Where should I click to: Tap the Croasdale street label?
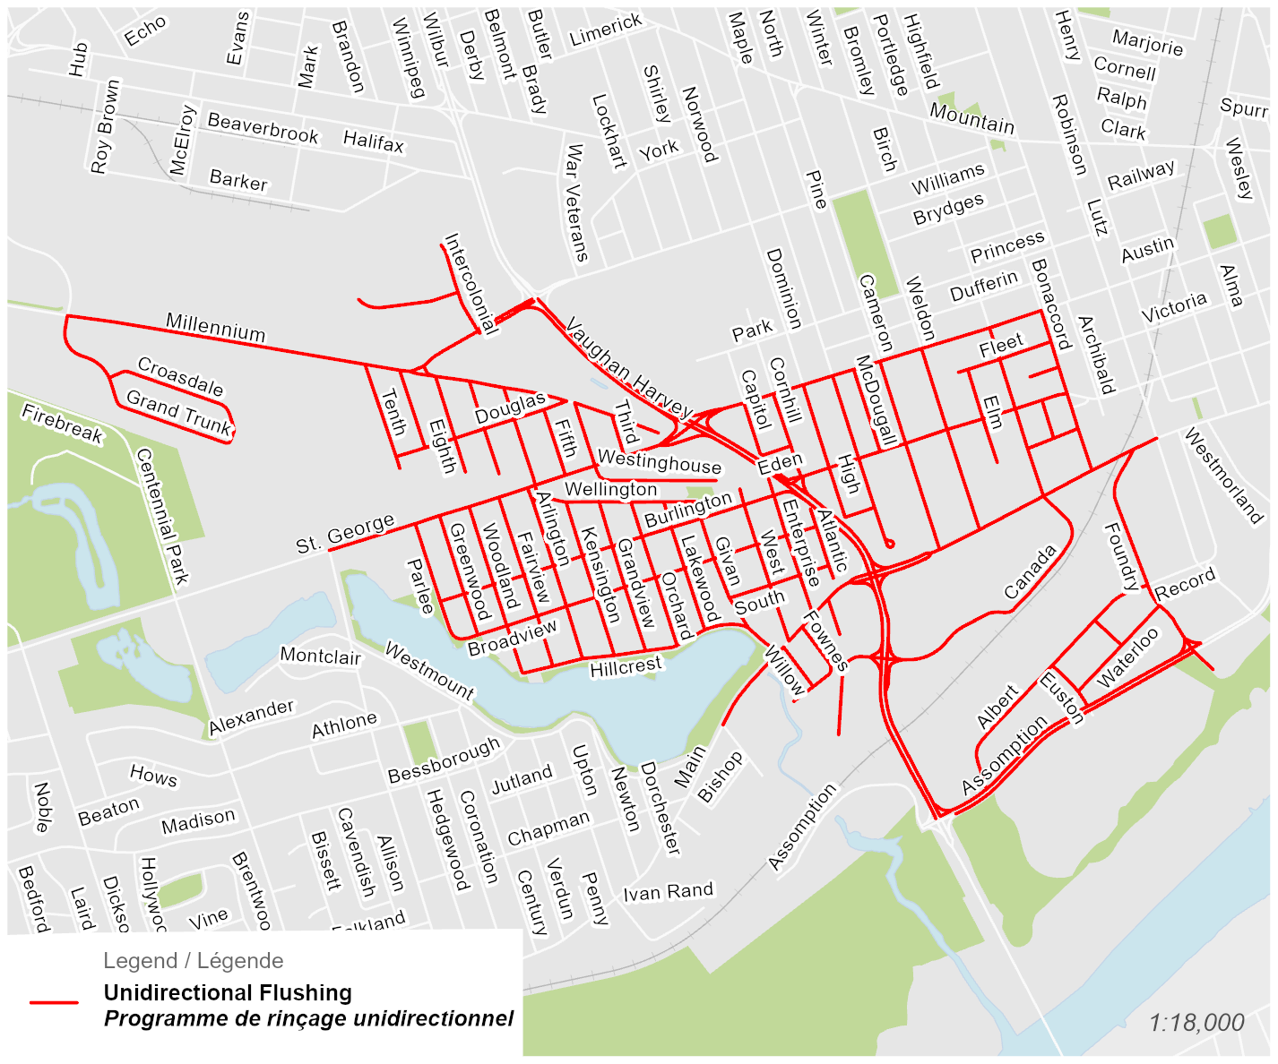pos(181,376)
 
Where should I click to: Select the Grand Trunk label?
pos(179,412)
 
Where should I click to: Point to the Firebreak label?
pos(63,424)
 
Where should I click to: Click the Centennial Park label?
pos(162,517)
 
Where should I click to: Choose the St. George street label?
pos(345,534)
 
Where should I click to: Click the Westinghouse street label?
pos(659,462)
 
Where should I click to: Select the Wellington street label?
pos(611,489)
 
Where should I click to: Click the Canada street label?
pos(1030,572)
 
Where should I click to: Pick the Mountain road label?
pos(972,118)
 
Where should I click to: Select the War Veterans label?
pos(576,203)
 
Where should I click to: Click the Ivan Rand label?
pos(669,892)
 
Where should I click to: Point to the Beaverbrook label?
pos(263,127)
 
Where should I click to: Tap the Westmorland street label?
pos(1223,476)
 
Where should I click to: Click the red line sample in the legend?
pos(54,1002)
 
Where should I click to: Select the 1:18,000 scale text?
pos(1196,1023)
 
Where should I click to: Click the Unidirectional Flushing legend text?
pos(228,992)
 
